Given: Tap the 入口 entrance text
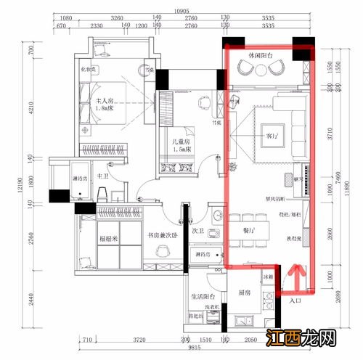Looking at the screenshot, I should coord(295,300).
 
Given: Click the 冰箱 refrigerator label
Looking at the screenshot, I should coord(268,277).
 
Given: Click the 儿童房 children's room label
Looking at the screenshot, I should coord(177,142).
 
